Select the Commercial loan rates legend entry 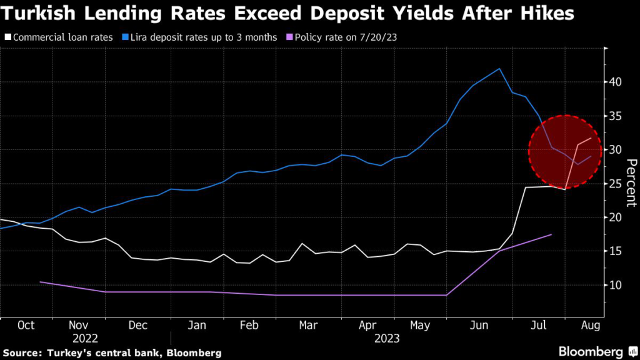click(62, 37)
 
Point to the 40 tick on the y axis click(617, 82)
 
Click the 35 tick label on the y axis click(617, 116)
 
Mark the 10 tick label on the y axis click(617, 285)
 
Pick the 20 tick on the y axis click(617, 217)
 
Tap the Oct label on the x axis click(26, 326)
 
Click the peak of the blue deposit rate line click(499, 69)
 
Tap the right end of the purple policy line click(551, 234)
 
